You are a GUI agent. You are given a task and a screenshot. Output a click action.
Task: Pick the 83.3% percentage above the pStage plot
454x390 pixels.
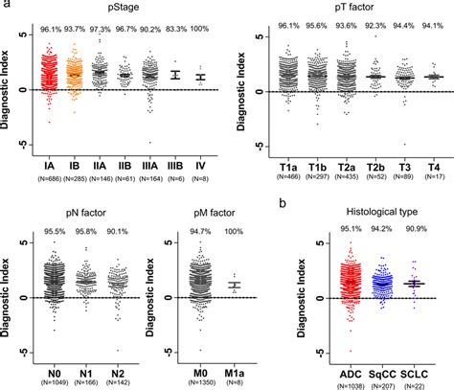[x=174, y=30]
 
